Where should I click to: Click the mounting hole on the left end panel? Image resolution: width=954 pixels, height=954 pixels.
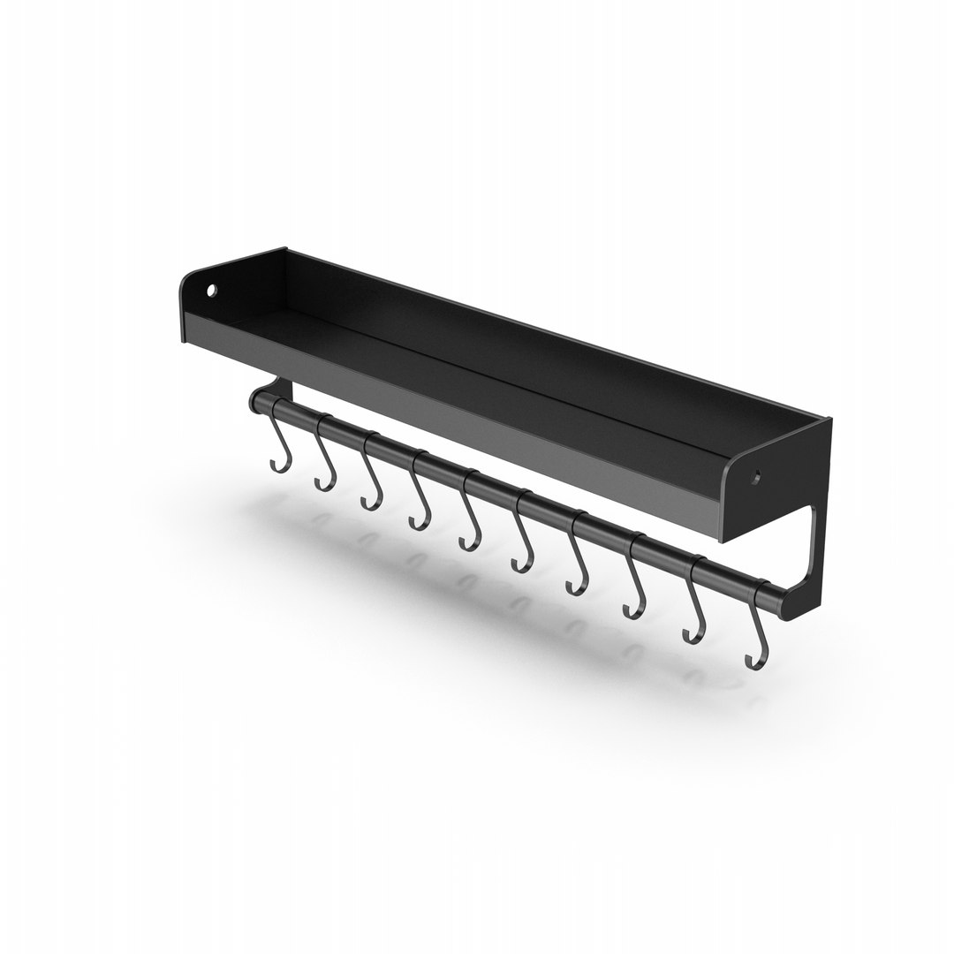point(212,290)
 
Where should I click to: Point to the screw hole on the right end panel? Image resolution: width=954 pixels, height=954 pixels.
point(756,478)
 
